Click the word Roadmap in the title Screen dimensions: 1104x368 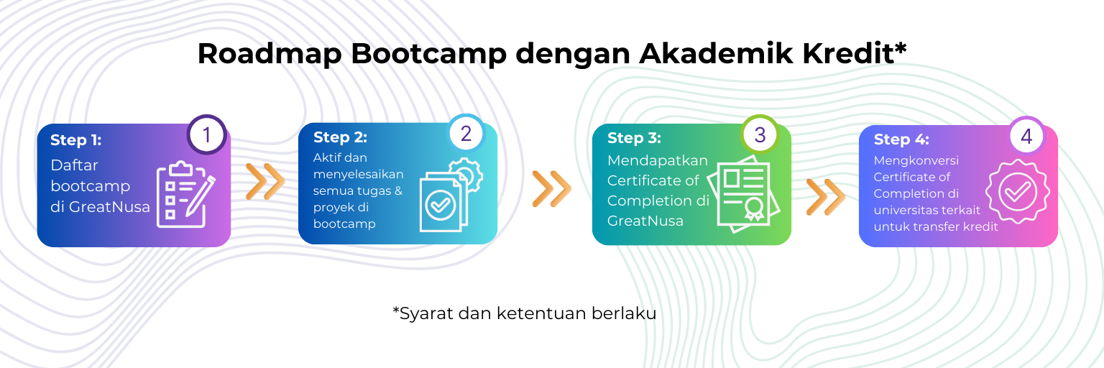click(270, 53)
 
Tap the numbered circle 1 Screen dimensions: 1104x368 click(206, 134)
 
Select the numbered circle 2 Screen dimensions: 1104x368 click(466, 134)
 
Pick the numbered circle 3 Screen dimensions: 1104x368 click(760, 134)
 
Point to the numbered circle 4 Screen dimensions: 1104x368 click(1026, 136)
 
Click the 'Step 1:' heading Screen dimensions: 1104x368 click(76, 140)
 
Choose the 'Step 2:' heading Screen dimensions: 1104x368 click(340, 137)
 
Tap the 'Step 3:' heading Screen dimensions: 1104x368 click(634, 138)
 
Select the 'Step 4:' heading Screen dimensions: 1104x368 click(901, 139)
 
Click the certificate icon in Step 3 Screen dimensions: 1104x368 click(744, 194)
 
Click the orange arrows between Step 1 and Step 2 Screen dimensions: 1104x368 click(265, 181)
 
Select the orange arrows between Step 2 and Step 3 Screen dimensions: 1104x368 click(551, 189)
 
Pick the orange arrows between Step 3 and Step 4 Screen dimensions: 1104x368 click(826, 197)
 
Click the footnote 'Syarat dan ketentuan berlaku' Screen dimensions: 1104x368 click(525, 313)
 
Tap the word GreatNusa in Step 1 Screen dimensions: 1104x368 click(109, 207)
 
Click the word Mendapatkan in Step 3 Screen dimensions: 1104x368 click(658, 161)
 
